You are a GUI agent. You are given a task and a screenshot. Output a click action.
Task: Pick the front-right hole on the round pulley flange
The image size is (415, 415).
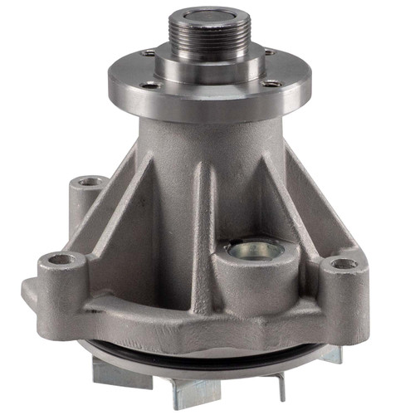271,83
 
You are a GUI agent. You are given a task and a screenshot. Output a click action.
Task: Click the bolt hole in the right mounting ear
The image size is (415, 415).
345,264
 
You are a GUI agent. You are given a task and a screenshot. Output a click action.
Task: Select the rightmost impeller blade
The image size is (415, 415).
328,355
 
